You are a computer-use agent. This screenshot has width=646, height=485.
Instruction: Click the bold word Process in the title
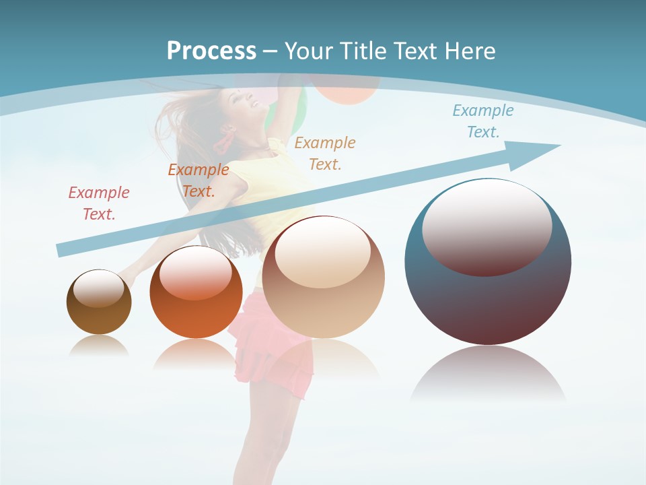tap(211, 51)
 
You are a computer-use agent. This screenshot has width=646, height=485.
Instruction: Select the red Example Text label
tap(99, 203)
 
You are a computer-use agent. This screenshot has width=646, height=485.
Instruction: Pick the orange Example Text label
tap(199, 181)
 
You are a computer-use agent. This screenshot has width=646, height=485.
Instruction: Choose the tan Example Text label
tap(325, 153)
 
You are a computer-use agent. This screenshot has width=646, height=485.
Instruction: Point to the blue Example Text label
tap(483, 121)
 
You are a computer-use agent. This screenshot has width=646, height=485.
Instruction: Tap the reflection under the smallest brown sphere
tap(99, 346)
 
